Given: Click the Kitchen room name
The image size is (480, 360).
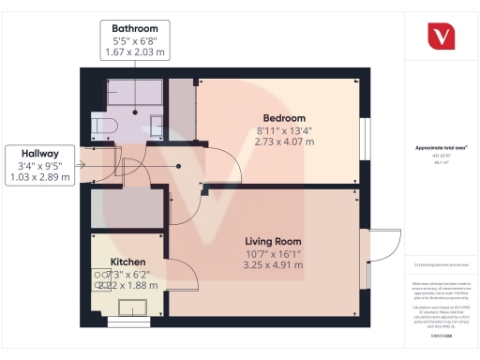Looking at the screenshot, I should (x=127, y=261).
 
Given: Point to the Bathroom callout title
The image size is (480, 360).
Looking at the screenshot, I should (x=135, y=29).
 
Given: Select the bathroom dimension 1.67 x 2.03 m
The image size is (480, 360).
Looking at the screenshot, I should (x=135, y=53).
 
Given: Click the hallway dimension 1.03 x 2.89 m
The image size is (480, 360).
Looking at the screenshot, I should (x=39, y=178).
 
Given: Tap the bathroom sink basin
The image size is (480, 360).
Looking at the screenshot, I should (x=156, y=122).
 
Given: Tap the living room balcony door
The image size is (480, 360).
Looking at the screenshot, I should (x=380, y=245).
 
